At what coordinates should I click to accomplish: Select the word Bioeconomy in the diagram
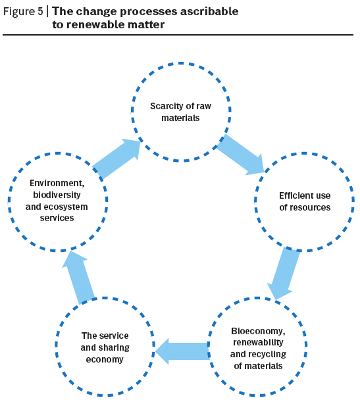(258, 331)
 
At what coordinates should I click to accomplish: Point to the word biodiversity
(57, 195)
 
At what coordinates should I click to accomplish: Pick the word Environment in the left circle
(57, 183)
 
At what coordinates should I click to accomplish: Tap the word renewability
(258, 343)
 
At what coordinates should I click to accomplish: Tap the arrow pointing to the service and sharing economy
(182, 351)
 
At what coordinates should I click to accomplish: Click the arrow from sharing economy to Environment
(78, 278)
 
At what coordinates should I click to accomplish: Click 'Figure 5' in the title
(23, 12)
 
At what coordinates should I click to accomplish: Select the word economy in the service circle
(105, 360)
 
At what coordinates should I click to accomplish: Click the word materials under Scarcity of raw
(180, 118)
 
